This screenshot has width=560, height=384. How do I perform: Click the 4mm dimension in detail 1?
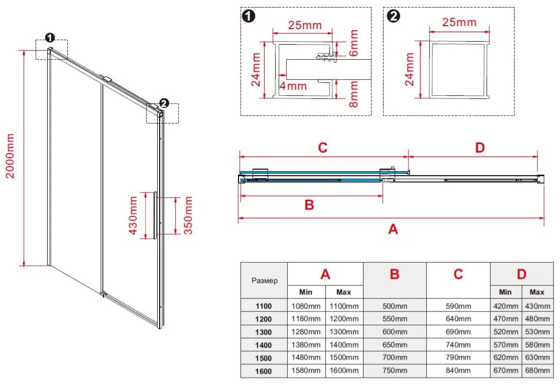[x=293, y=86]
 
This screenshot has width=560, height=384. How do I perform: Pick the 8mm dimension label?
[x=354, y=95]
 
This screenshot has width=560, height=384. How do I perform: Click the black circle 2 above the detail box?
[x=395, y=16]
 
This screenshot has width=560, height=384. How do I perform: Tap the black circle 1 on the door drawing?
[x=49, y=38]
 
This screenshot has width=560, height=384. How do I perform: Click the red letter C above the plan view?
[x=322, y=148]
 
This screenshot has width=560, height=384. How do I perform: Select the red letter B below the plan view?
[x=309, y=205]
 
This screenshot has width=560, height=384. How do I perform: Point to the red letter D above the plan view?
[x=480, y=148]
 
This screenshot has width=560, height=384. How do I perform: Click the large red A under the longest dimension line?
[x=393, y=229]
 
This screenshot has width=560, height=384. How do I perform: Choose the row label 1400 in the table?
[x=263, y=345]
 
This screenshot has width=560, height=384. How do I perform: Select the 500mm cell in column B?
[x=394, y=306]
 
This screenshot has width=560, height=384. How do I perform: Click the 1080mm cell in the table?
[x=306, y=306]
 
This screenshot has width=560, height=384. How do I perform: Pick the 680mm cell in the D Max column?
[x=537, y=371]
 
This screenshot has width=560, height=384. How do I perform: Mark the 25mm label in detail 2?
[x=459, y=23]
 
